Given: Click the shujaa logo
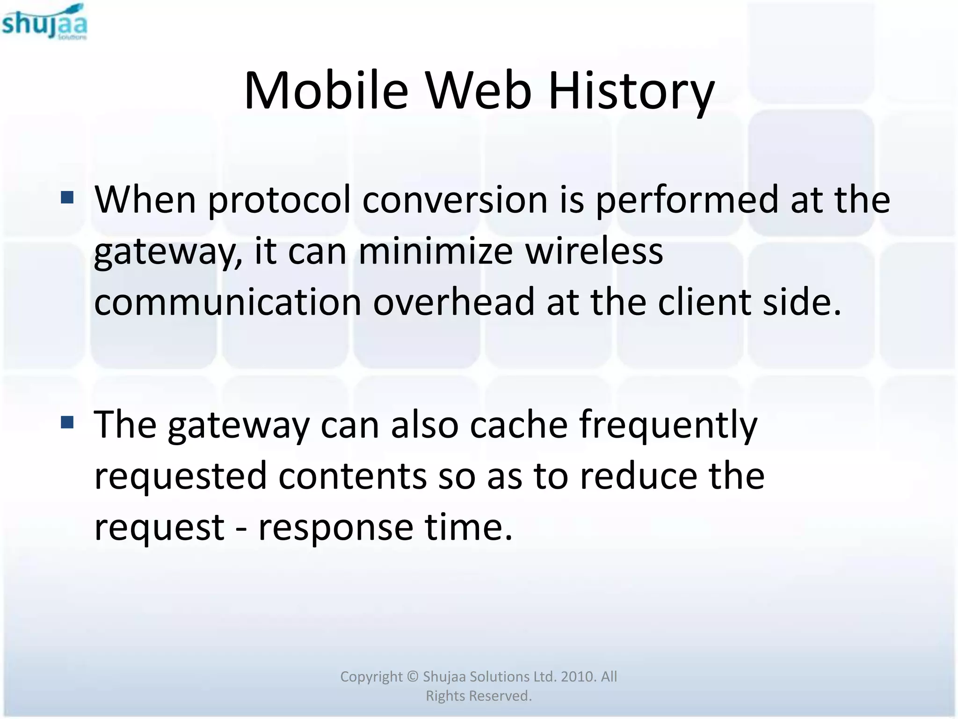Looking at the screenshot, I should pyautogui.click(x=44, y=22).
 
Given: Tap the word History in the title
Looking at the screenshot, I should pyautogui.click(x=631, y=91).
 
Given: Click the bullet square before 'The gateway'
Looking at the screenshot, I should pyautogui.click(x=67, y=423).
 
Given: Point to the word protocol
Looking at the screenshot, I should pyautogui.click(x=279, y=200).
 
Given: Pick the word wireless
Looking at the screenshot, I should pyautogui.click(x=594, y=251).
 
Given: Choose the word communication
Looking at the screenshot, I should pyautogui.click(x=228, y=302).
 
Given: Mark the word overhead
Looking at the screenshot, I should pyautogui.click(x=454, y=302).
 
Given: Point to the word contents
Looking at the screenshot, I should pyautogui.click(x=353, y=476).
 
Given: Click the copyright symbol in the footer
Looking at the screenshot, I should pyautogui.click(x=413, y=676).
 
